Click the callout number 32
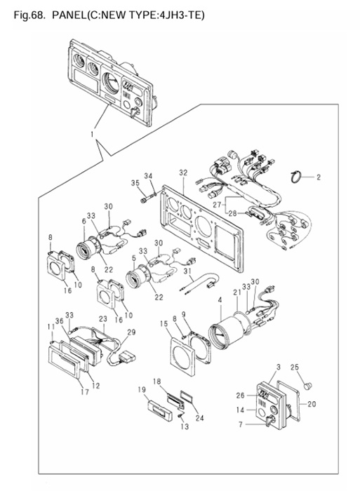(183, 173)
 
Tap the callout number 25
(295, 367)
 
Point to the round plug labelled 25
(308, 385)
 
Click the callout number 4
(220, 300)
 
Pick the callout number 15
(164, 323)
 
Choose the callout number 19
(142, 390)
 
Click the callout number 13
(185, 426)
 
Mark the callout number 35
(135, 183)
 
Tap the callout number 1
(92, 134)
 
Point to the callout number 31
(187, 271)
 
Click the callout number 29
(131, 332)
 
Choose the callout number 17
(85, 392)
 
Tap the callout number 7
(241, 424)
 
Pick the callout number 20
(311, 404)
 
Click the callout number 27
(217, 205)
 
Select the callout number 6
(84, 221)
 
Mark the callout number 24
(199, 417)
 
